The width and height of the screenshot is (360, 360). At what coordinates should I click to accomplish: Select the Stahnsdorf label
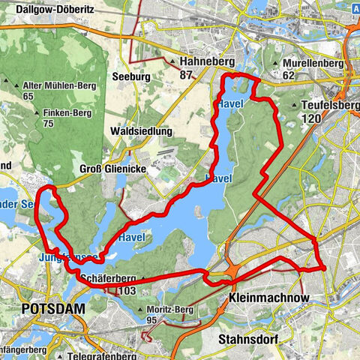coord(247,339)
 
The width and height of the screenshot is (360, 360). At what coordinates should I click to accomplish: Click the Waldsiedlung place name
coord(142,131)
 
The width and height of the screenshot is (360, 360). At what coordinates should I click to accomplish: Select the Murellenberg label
coord(315,63)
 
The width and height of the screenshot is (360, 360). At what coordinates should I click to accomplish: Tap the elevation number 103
coord(127,290)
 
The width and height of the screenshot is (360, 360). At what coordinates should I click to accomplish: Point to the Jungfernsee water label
coord(67,257)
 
